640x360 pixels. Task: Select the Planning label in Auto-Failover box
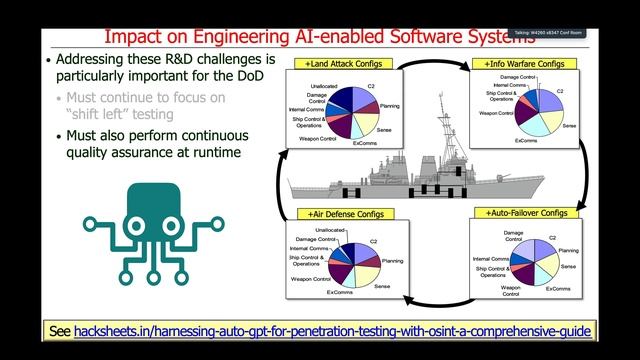pyautogui.click(x=567, y=251)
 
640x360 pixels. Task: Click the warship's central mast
pyautogui.click(x=444, y=125)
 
